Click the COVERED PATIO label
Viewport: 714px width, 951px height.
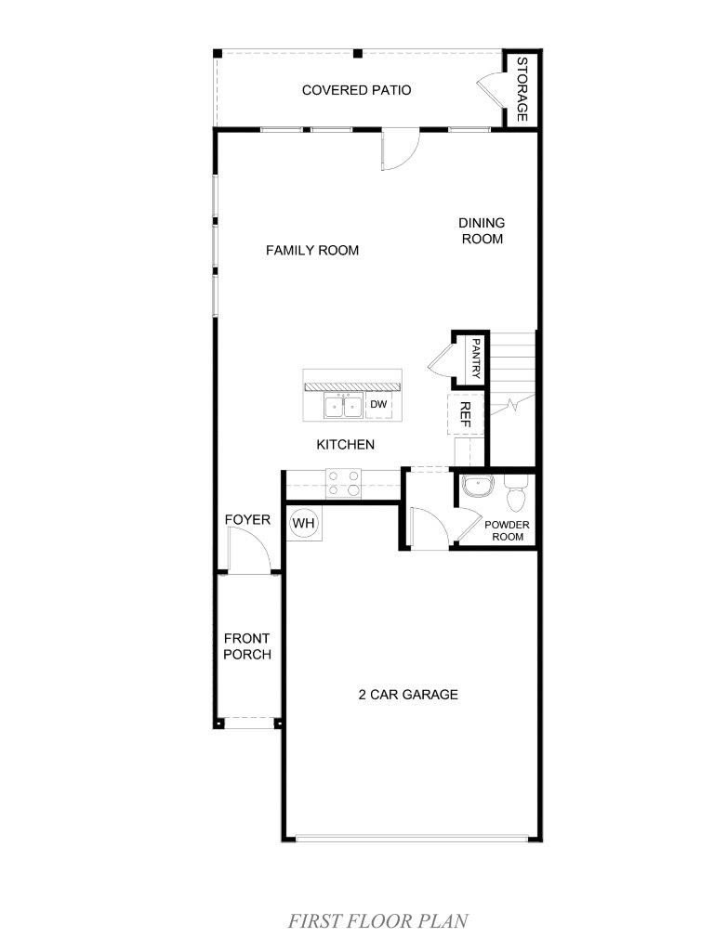[x=356, y=90]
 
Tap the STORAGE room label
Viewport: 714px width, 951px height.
[x=522, y=89]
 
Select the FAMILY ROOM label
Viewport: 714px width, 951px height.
[x=312, y=250]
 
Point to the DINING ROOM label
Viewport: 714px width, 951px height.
[x=483, y=231]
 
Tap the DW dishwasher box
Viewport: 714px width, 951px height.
[x=379, y=405]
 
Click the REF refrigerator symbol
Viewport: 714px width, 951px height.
[x=466, y=414]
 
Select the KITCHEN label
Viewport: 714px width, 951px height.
[x=346, y=445]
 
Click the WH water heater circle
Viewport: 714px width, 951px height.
[x=303, y=522]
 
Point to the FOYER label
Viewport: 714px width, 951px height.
[x=247, y=520]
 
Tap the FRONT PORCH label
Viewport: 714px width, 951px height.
[x=247, y=646]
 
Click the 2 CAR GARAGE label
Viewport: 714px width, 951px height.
[x=408, y=695]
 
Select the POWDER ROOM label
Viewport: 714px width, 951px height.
[x=507, y=530]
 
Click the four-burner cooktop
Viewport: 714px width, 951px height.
[x=344, y=483]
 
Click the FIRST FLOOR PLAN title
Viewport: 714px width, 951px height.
[x=377, y=921]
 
